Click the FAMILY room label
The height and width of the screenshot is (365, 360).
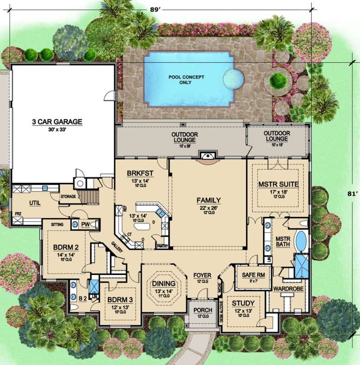pyautogui.click(x=208, y=200)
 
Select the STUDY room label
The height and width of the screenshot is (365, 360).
pyautogui.click(x=243, y=303)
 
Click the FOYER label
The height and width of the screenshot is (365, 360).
pyautogui.click(x=202, y=275)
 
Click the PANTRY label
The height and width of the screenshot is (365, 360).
pyautogui.click(x=163, y=245)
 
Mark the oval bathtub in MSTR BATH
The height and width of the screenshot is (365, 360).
pyautogui.click(x=301, y=241)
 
